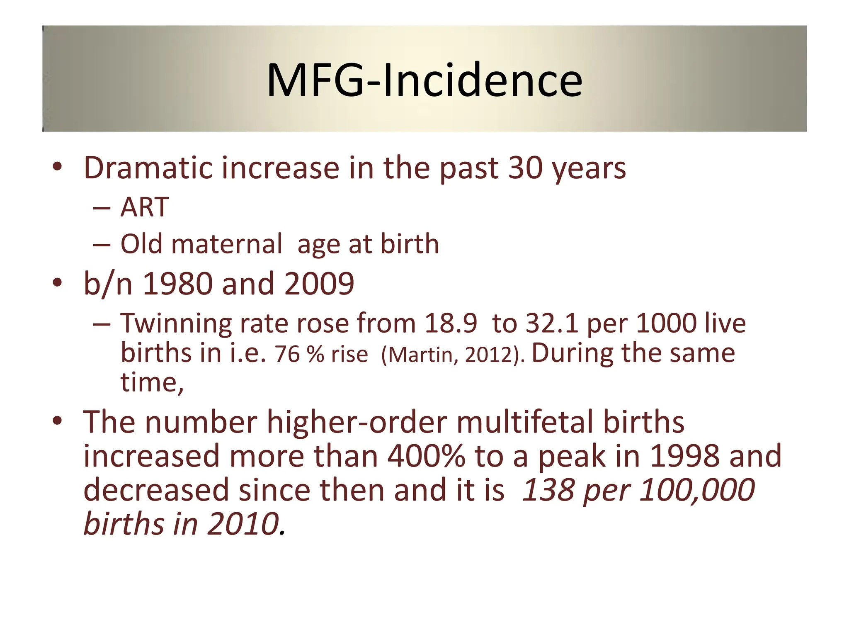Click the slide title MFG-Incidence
coord(424,80)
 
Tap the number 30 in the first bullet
coord(526,168)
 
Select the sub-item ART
coord(144,207)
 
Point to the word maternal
coord(227,244)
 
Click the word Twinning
coord(176,323)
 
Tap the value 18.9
coord(451,323)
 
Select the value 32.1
coord(552,323)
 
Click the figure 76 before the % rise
coord(287,355)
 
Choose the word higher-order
coord(357,422)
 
